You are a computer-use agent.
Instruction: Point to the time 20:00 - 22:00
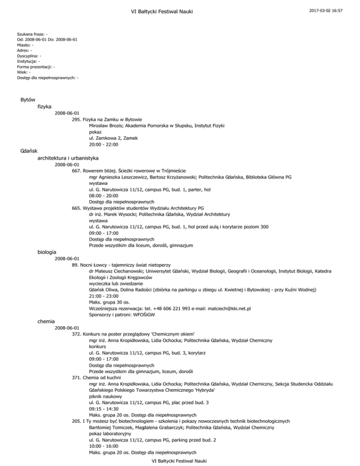click(104, 145)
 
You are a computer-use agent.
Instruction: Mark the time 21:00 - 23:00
click(104, 296)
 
